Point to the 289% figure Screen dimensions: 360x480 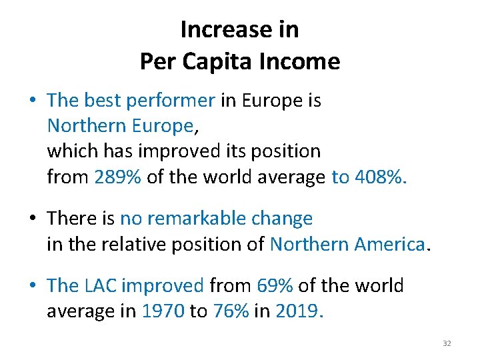click(118, 177)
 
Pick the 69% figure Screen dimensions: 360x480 click(275, 286)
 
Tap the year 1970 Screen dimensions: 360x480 click(163, 311)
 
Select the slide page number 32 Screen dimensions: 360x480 click(447, 343)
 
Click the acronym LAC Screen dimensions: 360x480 click(101, 286)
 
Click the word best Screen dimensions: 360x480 click(103, 101)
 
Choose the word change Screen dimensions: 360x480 click(284, 219)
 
